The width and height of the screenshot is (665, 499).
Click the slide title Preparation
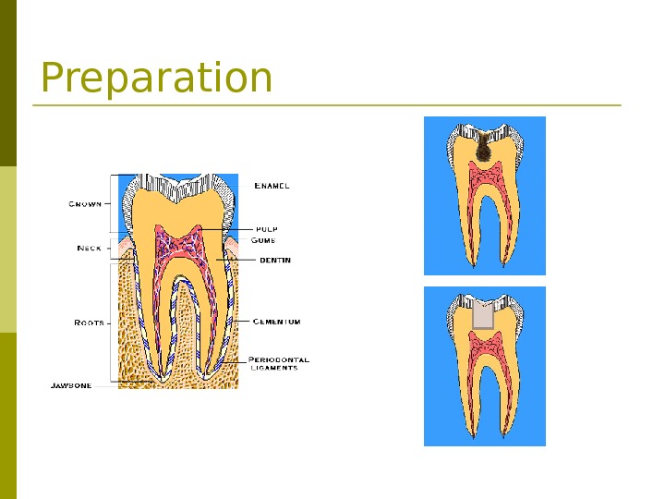coord(156,79)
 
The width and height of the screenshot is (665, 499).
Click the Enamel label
coord(272,186)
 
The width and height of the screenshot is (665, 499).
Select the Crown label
coord(85,204)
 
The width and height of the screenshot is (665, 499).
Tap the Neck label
coord(89,248)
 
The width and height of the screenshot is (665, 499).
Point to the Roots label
coord(89,323)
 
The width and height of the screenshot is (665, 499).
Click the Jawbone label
coord(71,385)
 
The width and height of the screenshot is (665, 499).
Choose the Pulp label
coord(266,228)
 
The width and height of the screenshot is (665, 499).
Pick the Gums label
coord(263,240)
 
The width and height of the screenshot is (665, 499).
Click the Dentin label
coord(274,261)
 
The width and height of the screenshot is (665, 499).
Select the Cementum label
coord(276,322)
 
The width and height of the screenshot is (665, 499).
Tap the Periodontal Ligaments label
coord(278,363)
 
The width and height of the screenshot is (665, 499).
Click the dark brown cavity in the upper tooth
coord(482,149)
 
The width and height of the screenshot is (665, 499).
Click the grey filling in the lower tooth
coord(483,313)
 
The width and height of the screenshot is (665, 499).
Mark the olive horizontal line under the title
coord(327,105)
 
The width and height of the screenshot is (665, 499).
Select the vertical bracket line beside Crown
coord(112,203)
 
